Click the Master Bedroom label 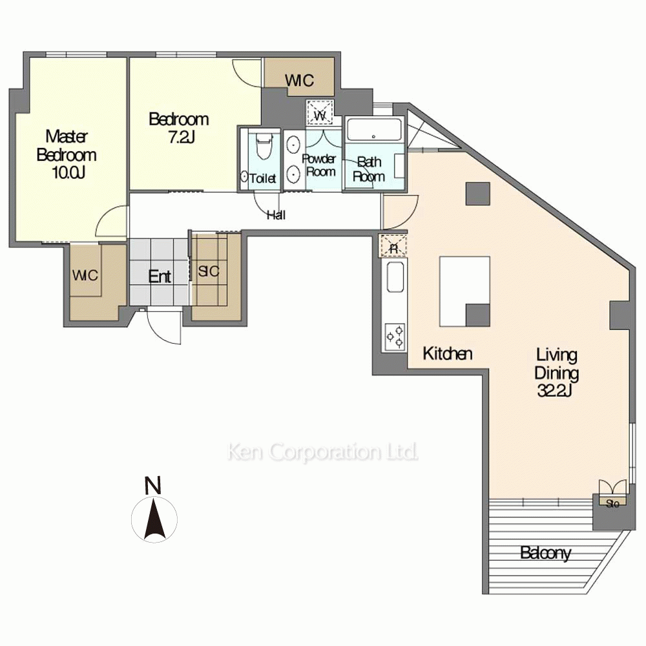(67, 155)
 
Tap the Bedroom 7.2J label (178, 128)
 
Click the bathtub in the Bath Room (374, 130)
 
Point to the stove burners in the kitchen (395, 336)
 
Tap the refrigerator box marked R (393, 246)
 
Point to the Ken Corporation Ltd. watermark (322, 452)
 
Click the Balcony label (545, 554)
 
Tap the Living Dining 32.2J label (556, 373)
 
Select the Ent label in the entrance (160, 277)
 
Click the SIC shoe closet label (209, 272)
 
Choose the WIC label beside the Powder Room (300, 81)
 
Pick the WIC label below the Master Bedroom (85, 275)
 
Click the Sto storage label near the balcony (612, 503)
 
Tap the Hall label (276, 215)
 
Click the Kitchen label (448, 353)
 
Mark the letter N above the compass (153, 485)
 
